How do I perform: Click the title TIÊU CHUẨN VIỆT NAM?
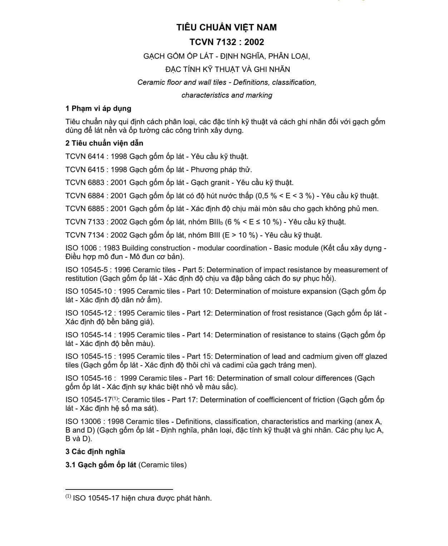click(227, 27)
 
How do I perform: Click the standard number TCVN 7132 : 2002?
click(227, 42)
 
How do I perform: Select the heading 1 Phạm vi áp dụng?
click(98, 108)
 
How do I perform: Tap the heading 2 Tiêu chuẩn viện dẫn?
click(104, 143)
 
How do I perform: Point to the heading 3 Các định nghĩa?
click(95, 452)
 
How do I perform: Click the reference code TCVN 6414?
click(85, 156)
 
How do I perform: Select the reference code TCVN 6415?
click(85, 170)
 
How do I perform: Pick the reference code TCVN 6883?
click(85, 182)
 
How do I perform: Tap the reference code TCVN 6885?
click(85, 209)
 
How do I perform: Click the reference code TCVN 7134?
click(85, 235)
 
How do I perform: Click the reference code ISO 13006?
click(83, 421)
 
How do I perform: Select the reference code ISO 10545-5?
click(86, 270)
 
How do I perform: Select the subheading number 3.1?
click(70, 465)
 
